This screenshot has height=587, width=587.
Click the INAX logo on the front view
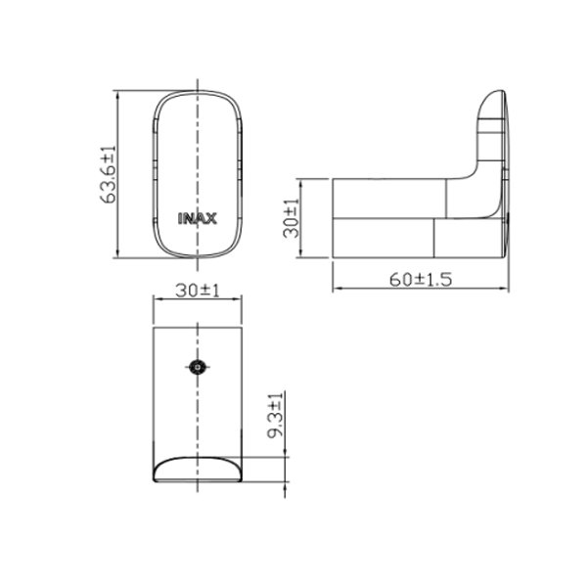pyautogui.click(x=199, y=218)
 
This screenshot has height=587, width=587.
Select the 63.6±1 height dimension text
pyautogui.click(x=110, y=175)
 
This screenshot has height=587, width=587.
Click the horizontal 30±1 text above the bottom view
pyautogui.click(x=199, y=291)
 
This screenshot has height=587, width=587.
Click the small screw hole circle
pyautogui.click(x=199, y=369)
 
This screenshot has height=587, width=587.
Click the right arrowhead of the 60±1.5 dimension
pyautogui.click(x=506, y=290)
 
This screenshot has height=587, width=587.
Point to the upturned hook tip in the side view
pyautogui.click(x=494, y=98)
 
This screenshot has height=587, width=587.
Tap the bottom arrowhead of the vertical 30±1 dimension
pyautogui.click(x=301, y=255)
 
